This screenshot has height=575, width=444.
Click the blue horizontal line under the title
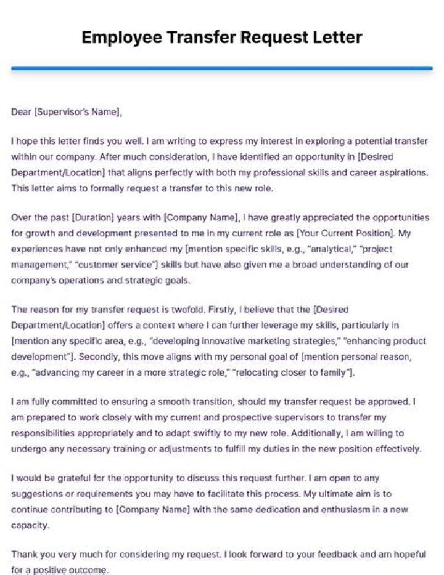pyautogui.click(x=222, y=68)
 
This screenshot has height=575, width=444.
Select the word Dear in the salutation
pyautogui.click(x=21, y=111)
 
